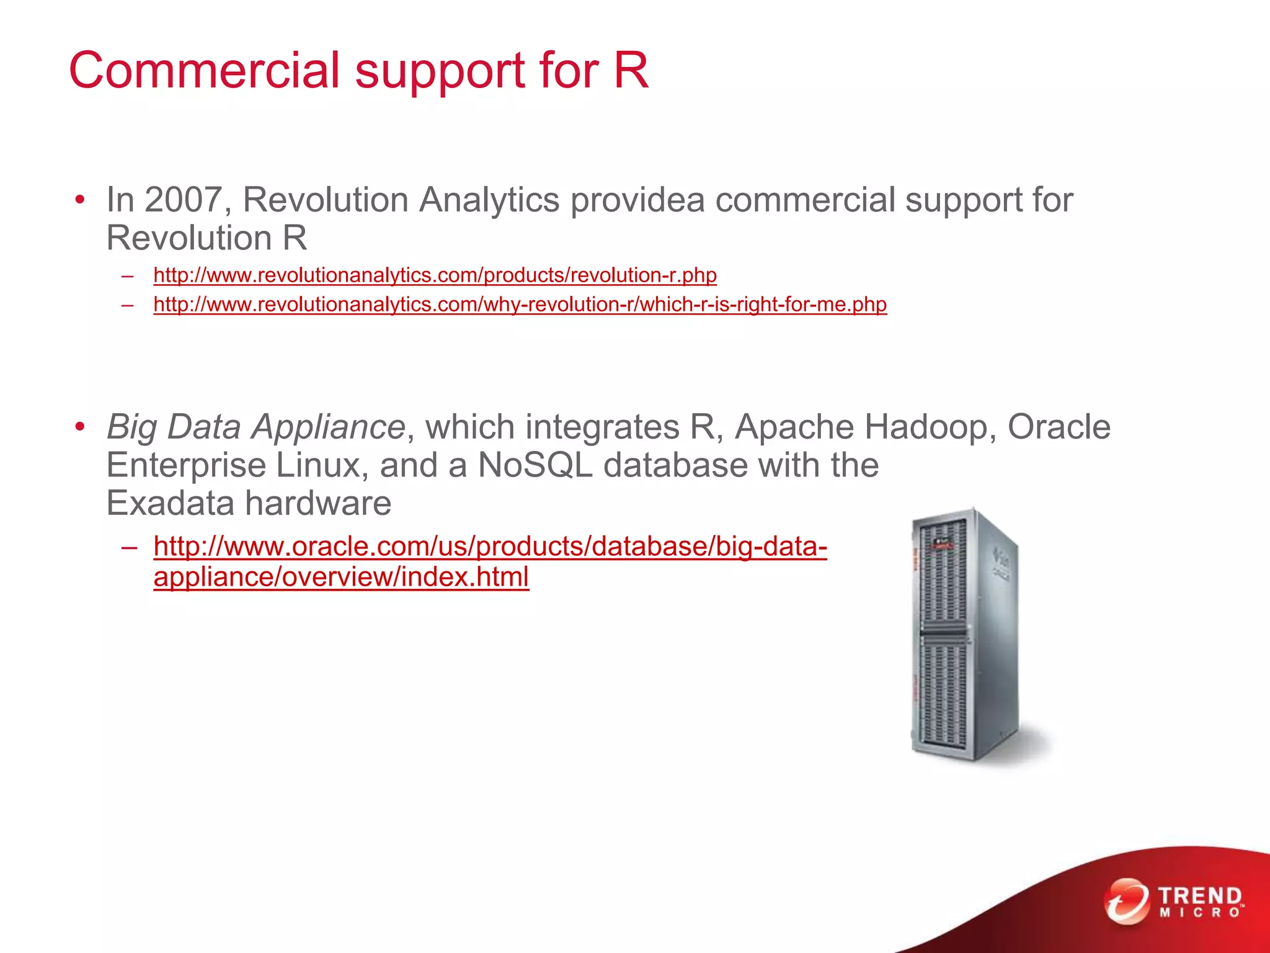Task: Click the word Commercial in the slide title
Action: pyautogui.click(x=205, y=70)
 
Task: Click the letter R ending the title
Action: pyautogui.click(x=631, y=70)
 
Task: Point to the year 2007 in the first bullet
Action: pyautogui.click(x=184, y=200)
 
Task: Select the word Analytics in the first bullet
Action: pyautogui.click(x=489, y=200)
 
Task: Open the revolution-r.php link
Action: pyautogui.click(x=435, y=275)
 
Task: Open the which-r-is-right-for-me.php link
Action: pyautogui.click(x=520, y=305)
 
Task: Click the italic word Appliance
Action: pyautogui.click(x=329, y=427)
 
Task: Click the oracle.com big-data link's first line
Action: pyautogui.click(x=490, y=547)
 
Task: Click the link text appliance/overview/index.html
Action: pyautogui.click(x=341, y=577)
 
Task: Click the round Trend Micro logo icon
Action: pyautogui.click(x=1126, y=901)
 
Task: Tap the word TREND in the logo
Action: pyautogui.click(x=1200, y=896)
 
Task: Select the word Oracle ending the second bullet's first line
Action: pyautogui.click(x=1059, y=427)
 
